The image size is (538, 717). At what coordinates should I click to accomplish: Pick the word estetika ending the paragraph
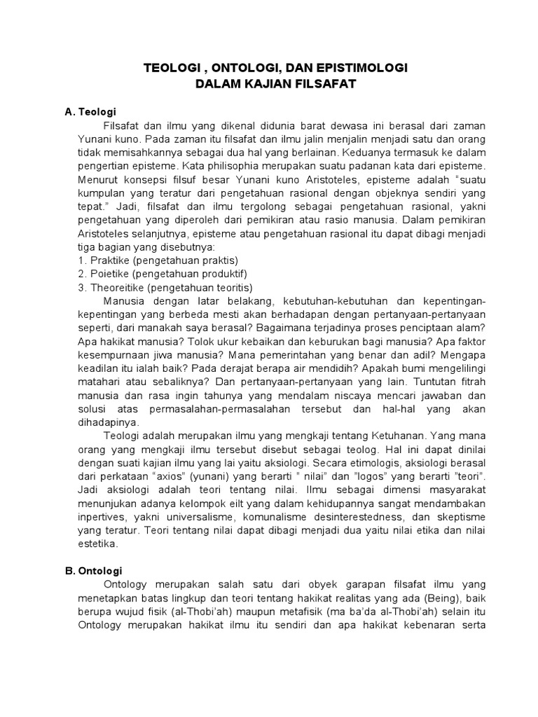(x=98, y=543)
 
